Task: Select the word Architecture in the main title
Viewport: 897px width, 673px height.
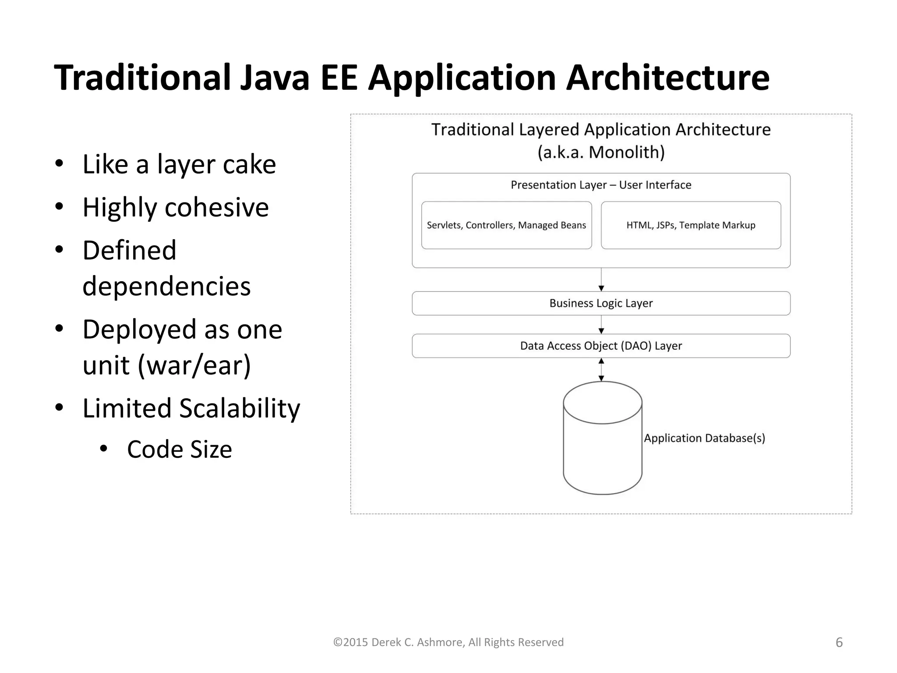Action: click(667, 78)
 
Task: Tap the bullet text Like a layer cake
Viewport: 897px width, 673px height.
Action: click(179, 164)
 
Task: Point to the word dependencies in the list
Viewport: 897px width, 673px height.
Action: click(166, 286)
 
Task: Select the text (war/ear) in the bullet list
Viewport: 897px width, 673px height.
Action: click(194, 365)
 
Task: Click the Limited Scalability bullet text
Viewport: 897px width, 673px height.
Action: click(191, 408)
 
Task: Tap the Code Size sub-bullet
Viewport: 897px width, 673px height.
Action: click(179, 449)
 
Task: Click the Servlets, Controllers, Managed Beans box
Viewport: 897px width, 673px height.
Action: click(506, 225)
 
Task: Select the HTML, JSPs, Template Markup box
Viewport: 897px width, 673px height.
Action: click(691, 225)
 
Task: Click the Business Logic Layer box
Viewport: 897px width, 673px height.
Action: click(601, 303)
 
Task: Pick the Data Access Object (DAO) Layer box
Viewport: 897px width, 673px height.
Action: click(601, 346)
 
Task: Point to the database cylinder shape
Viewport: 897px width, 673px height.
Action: click(602, 451)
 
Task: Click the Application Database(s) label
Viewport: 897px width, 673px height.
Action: click(704, 438)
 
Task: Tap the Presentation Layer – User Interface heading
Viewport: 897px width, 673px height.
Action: click(601, 185)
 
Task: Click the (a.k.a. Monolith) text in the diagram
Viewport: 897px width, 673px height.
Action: click(601, 152)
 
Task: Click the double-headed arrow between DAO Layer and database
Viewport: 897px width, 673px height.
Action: click(601, 369)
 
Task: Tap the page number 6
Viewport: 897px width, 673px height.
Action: click(839, 642)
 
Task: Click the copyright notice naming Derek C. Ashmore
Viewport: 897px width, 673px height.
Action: click(448, 642)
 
